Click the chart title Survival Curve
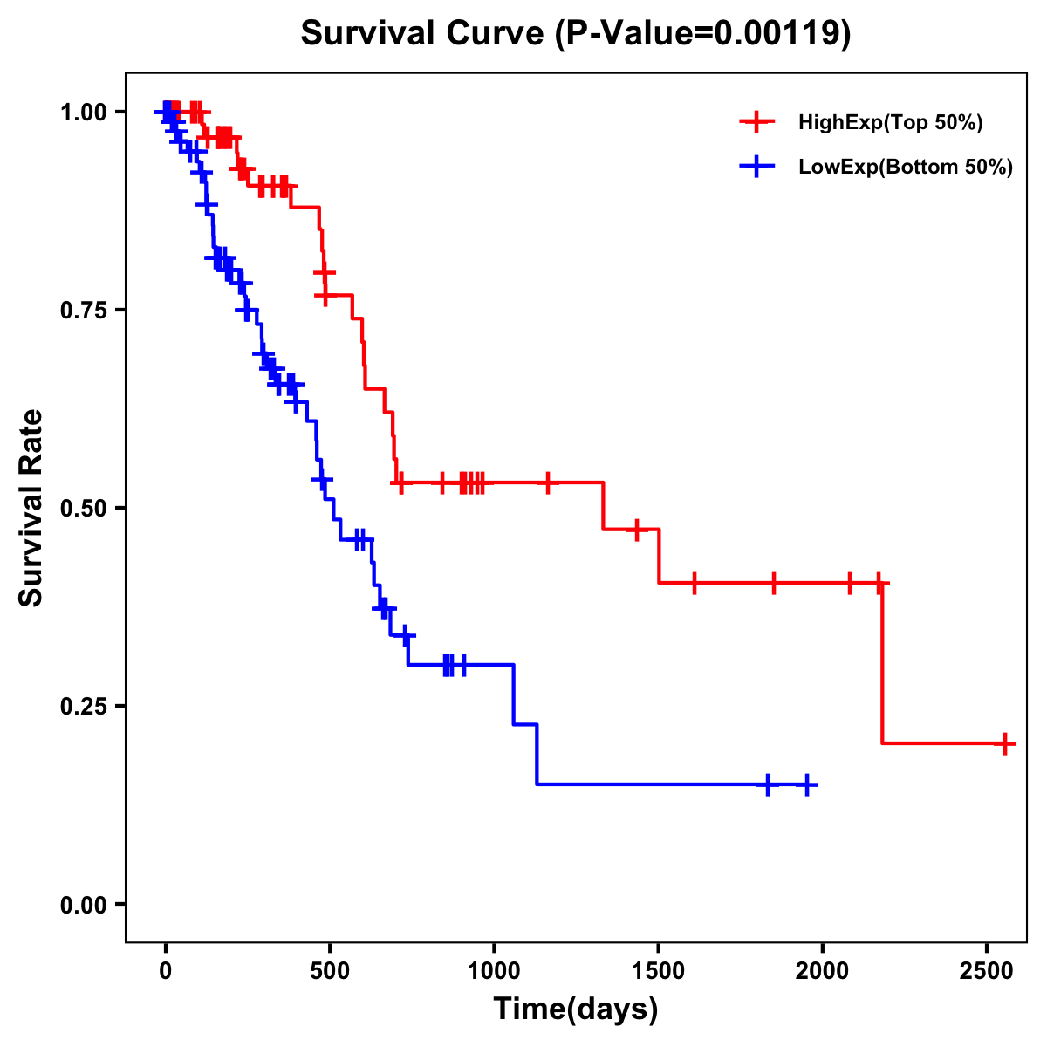click(575, 33)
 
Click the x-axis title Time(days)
click(576, 1009)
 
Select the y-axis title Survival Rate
click(31, 507)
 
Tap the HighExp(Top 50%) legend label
click(891, 123)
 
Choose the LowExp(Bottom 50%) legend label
click(906, 168)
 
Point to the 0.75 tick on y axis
click(83, 310)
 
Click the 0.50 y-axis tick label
click(83, 508)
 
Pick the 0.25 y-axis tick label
click(83, 706)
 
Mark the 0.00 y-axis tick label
click(83, 904)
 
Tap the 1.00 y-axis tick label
click(83, 112)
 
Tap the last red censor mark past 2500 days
click(1005, 743)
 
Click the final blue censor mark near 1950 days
click(807, 784)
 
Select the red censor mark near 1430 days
click(637, 529)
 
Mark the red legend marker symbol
click(756, 123)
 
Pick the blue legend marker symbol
click(756, 168)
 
